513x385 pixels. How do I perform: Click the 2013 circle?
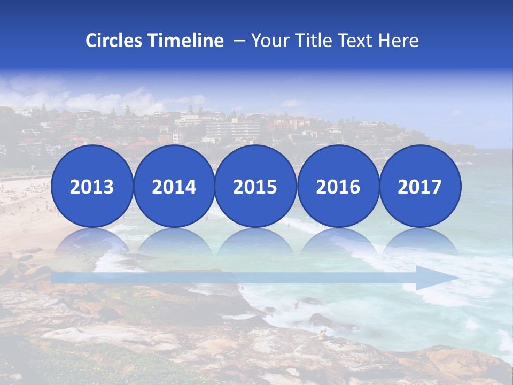coord(92,186)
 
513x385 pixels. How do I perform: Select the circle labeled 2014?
coord(174,186)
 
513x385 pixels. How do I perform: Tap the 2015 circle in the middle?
coord(255,186)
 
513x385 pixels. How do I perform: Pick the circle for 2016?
coord(338,186)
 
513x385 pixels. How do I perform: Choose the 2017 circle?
coord(420,186)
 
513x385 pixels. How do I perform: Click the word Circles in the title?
coord(115,41)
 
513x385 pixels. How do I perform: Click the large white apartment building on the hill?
coord(232,129)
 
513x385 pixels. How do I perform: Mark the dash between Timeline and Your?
coord(238,41)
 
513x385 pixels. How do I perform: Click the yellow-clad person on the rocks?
coord(322,335)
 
